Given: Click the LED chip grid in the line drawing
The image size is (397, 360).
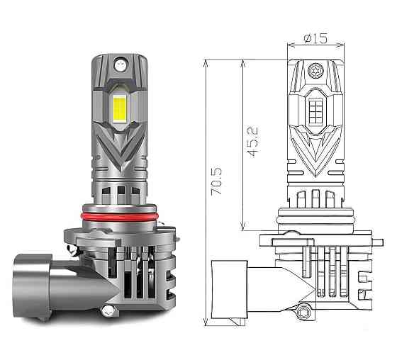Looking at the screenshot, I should pos(315,108).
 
